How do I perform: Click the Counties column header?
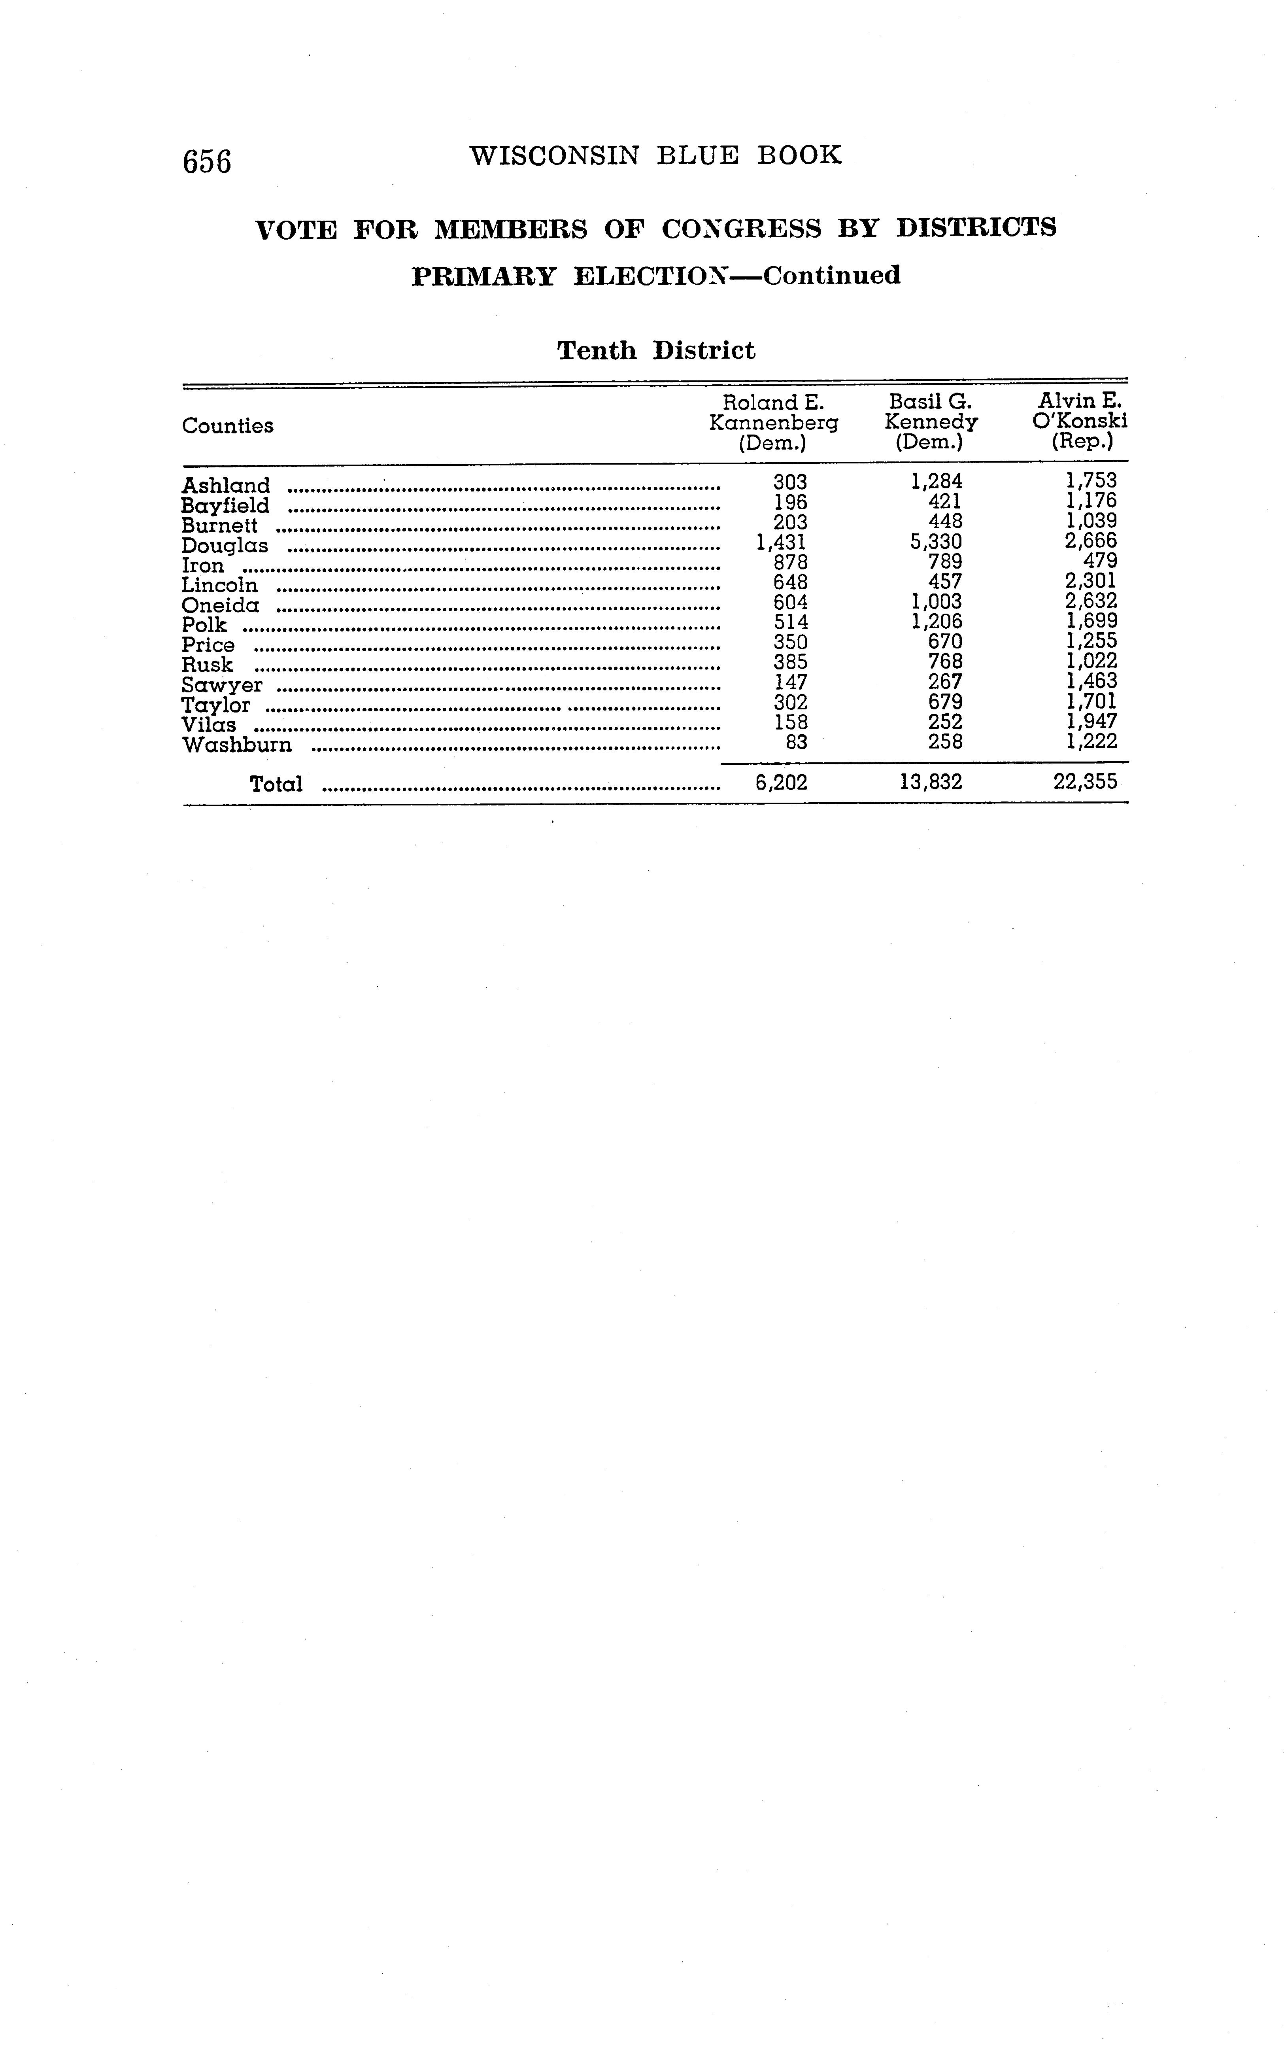(228, 425)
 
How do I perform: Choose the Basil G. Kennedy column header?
(931, 422)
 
